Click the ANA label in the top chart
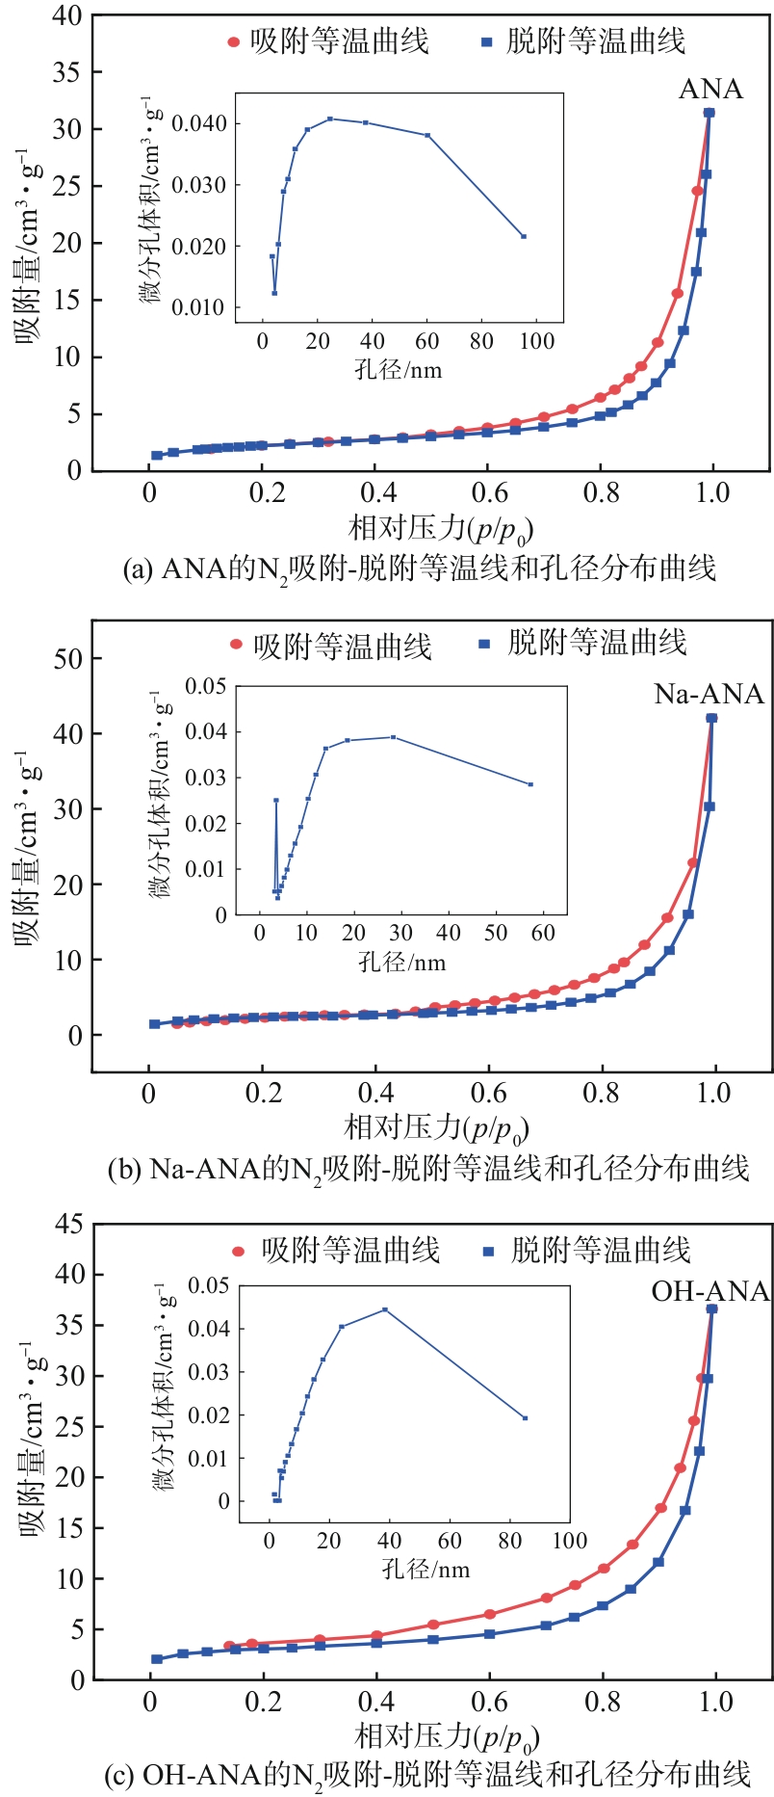coord(710,90)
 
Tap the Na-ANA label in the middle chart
coord(709,695)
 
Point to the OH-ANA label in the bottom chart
coord(710,1292)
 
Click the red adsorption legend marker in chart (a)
coord(233,42)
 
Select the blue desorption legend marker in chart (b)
coord(485,643)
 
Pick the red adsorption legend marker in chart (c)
coord(239,1252)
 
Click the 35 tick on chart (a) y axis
coord(65,72)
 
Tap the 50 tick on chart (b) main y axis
coord(67,659)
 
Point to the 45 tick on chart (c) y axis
coord(67,1225)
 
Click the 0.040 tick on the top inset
coord(198,123)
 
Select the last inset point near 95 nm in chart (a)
coord(524,236)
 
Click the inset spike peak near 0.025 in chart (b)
coord(276,800)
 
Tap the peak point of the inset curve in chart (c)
coord(385,1309)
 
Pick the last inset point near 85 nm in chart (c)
coord(525,1418)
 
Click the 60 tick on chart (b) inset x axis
coord(543,933)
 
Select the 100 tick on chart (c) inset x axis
coord(569,1540)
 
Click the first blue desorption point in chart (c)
coord(157,1659)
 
